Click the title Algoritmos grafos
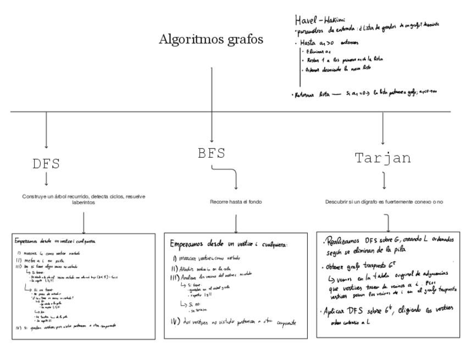(x=211, y=40)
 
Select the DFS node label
(x=46, y=164)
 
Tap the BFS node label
(x=212, y=153)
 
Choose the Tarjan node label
(x=383, y=158)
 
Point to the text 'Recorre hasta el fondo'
(x=236, y=202)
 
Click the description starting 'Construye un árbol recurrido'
(x=84, y=199)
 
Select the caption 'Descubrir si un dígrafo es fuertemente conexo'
(x=384, y=202)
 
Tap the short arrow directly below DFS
(x=46, y=179)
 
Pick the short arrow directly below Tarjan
(x=383, y=180)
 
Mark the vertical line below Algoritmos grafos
(x=212, y=88)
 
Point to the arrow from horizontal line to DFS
(x=46, y=130)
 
